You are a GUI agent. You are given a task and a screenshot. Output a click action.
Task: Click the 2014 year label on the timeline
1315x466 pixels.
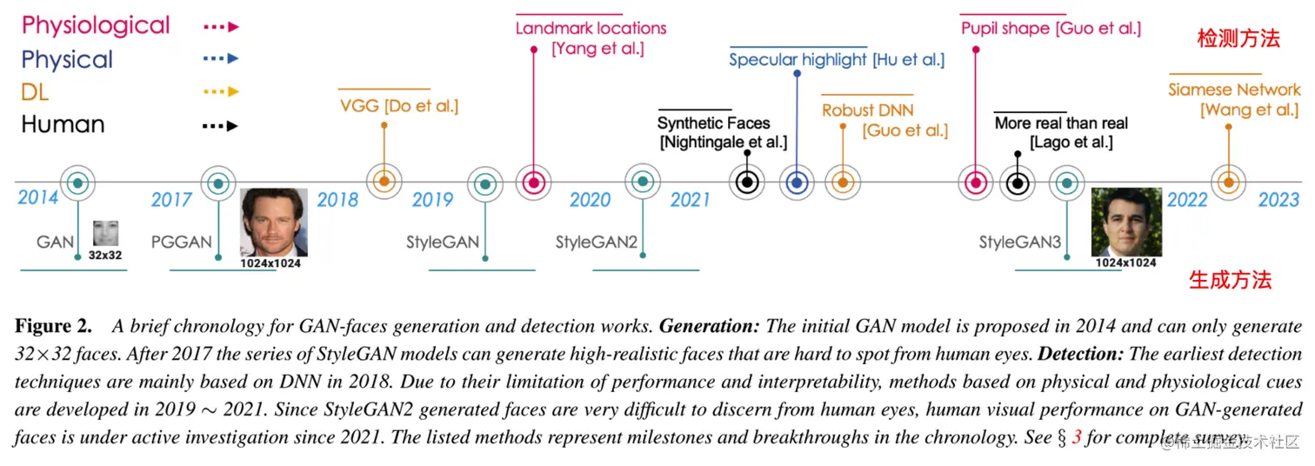coord(38,197)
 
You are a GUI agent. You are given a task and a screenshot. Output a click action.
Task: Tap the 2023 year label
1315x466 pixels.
coord(1278,200)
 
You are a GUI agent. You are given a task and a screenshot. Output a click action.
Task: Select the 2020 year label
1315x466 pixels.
coord(590,200)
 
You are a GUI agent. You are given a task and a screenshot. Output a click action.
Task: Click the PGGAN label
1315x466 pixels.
coord(181,241)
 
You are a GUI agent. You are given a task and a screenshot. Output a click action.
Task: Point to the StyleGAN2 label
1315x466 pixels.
coord(596,242)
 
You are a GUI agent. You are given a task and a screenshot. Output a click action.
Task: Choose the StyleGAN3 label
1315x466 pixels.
coord(1019,242)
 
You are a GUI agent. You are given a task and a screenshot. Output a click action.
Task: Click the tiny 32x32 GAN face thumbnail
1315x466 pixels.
coord(106,234)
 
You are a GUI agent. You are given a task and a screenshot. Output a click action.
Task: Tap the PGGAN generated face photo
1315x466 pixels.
coord(274,222)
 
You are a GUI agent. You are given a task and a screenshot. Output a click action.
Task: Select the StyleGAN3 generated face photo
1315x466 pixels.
coord(1126,222)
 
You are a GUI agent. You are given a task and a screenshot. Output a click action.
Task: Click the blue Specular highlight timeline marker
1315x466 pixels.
coord(797,183)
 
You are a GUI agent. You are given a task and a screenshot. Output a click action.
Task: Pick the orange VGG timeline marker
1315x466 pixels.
coord(383,182)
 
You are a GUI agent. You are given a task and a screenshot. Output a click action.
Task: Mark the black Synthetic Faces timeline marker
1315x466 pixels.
coord(745,183)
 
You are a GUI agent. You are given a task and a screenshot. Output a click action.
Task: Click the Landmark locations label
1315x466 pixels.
coord(591,28)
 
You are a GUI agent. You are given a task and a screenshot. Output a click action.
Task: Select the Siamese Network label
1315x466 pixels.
coord(1234,90)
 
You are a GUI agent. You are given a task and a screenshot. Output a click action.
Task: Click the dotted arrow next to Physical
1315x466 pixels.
coord(220,59)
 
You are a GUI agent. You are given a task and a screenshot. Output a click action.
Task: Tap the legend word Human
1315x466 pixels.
coord(63,124)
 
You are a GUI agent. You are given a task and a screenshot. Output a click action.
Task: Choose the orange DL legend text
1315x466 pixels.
coord(35,91)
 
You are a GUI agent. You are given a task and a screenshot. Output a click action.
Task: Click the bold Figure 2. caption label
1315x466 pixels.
coord(53,327)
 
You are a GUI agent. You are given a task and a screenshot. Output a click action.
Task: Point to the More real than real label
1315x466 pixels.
coord(1061,123)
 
